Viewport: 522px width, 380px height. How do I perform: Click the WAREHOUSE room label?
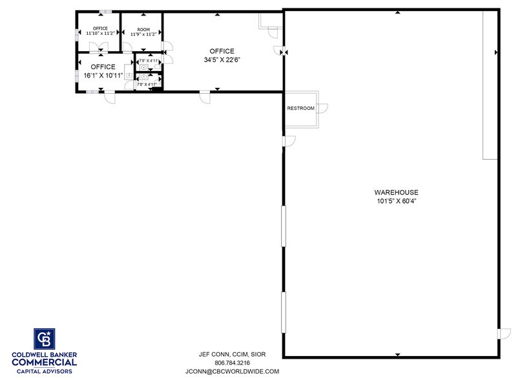(x=396, y=192)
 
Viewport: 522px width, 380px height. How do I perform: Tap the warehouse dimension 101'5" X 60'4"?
(x=396, y=201)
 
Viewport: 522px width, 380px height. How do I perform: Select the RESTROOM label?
(x=300, y=108)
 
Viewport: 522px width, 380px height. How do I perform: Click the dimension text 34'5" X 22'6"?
(x=222, y=59)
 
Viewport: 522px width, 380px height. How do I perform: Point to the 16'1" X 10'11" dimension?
(x=103, y=75)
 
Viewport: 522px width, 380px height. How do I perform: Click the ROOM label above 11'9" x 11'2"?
(x=143, y=29)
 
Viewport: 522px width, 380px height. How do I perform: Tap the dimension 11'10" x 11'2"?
(x=100, y=34)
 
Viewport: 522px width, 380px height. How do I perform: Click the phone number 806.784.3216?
(x=232, y=363)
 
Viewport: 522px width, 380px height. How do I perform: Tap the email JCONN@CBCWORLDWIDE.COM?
(x=232, y=372)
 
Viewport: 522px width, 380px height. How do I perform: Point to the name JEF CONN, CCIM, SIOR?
(x=232, y=354)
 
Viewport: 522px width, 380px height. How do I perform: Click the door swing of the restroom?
(x=322, y=109)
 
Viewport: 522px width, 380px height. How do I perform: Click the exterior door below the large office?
(x=205, y=97)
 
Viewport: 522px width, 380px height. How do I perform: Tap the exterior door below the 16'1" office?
(x=110, y=97)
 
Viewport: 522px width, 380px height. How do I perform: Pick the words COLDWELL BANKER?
(x=44, y=354)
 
